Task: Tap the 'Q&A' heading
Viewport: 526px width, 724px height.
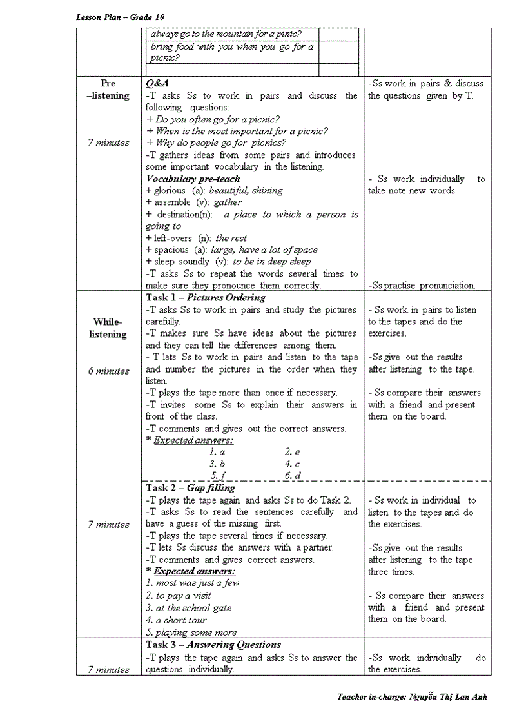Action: coord(157,84)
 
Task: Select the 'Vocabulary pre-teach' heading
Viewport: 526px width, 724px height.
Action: coord(193,179)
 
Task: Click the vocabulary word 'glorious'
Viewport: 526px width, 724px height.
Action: coord(170,191)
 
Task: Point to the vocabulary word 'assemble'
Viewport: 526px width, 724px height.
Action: coord(172,202)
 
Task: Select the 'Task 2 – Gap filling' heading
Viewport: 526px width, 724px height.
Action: coord(190,488)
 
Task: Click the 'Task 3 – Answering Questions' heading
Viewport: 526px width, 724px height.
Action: coord(213,645)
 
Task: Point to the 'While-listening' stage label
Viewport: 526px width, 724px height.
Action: coord(108,328)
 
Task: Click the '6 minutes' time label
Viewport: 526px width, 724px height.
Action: coord(108,371)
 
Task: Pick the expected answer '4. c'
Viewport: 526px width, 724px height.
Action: coord(292,464)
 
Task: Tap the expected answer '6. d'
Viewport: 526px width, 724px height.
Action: coord(293,476)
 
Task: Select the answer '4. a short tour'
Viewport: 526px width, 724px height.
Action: coord(176,620)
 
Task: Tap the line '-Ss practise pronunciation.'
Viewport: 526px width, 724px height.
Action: coord(422,286)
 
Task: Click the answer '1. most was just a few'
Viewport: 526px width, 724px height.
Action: coord(192,583)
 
